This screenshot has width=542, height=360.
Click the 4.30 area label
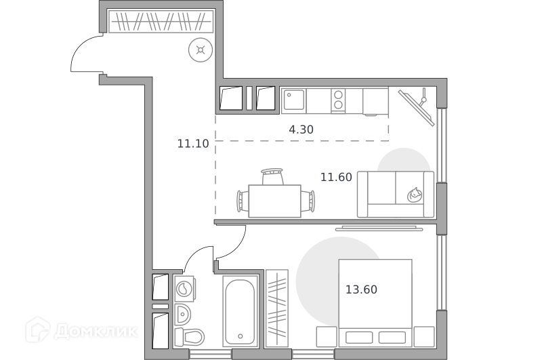coord(301,129)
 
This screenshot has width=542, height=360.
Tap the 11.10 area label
coord(193,144)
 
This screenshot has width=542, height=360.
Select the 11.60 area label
coord(336,177)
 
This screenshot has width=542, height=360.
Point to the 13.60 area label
coord(361,289)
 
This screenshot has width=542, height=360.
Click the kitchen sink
coord(293,100)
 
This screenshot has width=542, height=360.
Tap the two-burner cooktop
coord(338,100)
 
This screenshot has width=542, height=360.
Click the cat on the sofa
coord(414,195)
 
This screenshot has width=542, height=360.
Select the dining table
coord(274,201)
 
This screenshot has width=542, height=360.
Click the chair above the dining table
coord(272,176)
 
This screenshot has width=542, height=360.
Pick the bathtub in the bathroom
coord(241,311)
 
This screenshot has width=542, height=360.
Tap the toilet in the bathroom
coord(189,337)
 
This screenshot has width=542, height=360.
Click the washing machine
coord(184,288)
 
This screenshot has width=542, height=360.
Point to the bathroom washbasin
coord(182,315)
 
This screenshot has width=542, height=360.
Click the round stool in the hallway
coord(201,50)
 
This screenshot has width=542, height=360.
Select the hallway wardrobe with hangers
coord(161,22)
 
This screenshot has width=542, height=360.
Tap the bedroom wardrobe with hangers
coord(277,308)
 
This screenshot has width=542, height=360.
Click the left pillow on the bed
coord(359,338)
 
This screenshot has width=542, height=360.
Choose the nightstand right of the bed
coord(424,336)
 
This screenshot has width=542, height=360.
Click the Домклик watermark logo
coord(81,331)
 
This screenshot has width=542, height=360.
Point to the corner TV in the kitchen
coord(417,107)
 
